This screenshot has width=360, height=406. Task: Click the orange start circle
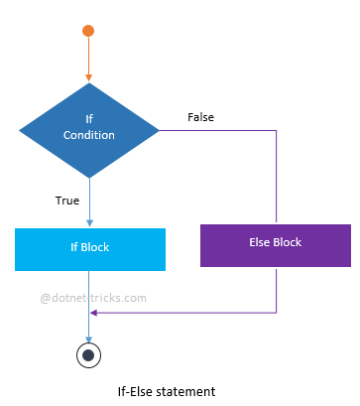[88, 31]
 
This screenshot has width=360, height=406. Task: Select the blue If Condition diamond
[89, 129]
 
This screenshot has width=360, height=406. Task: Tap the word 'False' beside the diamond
[200, 117]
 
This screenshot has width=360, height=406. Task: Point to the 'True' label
[67, 201]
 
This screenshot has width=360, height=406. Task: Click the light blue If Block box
[88, 249]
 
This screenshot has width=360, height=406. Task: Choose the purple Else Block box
[276, 244]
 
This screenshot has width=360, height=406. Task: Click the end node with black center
[89, 354]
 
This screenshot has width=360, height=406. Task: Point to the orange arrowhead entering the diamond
[88, 78]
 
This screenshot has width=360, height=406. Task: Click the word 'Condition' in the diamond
[89, 136]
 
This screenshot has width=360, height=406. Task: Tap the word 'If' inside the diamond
[88, 119]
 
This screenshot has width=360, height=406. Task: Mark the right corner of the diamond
[159, 129]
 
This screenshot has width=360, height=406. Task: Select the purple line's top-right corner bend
[276, 129]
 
